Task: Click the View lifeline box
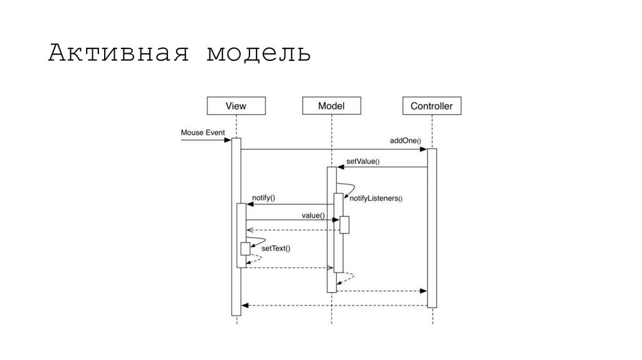point(236,106)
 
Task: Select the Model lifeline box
point(332,106)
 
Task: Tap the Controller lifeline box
point(431,106)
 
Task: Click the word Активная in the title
point(118,54)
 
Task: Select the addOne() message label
point(406,141)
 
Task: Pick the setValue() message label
point(362,161)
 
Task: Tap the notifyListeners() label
point(376,199)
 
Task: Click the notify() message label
point(263,198)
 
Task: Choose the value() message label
point(313,215)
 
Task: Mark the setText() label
point(276,248)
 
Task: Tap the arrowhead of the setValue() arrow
point(340,167)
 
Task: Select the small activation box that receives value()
point(344,225)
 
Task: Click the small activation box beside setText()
point(245,249)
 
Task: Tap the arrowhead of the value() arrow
point(335,220)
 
